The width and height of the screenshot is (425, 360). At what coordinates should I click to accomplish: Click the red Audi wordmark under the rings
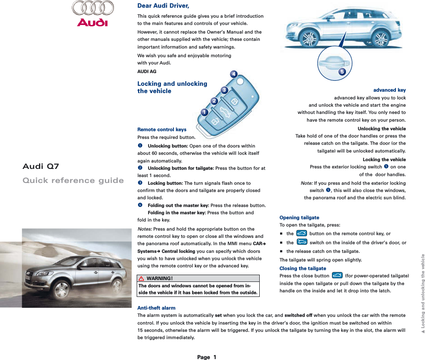92,22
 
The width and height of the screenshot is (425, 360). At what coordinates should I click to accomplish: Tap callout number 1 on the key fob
204,112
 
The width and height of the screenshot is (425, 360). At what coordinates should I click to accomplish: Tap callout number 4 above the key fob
233,74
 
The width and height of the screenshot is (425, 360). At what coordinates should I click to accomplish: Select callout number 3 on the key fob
224,90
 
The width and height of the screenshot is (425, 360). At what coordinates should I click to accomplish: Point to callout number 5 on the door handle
342,71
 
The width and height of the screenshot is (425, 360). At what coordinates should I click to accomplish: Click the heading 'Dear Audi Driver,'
163,6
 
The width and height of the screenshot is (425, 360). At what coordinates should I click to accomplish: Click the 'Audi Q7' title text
41,166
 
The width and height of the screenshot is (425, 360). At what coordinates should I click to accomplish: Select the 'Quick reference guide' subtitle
73,181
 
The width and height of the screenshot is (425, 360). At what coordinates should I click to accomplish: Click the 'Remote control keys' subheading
162,129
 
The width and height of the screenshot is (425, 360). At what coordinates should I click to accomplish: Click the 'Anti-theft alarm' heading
156,308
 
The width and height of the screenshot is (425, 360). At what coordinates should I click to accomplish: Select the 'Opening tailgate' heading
299,217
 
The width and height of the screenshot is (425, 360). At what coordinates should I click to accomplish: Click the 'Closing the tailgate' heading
302,268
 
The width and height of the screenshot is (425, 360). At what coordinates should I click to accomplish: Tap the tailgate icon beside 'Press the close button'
337,276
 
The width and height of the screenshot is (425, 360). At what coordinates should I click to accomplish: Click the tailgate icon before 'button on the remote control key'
301,233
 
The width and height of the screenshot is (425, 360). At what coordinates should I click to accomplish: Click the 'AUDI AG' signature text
147,72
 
